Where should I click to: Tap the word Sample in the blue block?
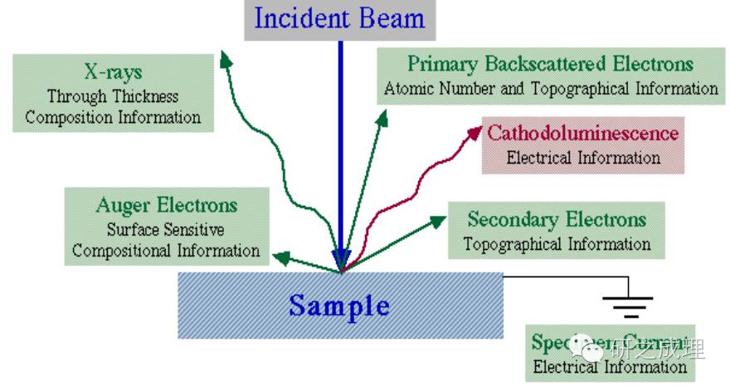tap(339, 305)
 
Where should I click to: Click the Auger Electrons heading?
tap(166, 205)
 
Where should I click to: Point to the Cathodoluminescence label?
tap(582, 134)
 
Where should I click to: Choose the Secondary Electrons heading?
tap(556, 220)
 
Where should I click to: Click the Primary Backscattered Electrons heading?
tap(549, 64)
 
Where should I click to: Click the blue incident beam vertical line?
tap(340, 149)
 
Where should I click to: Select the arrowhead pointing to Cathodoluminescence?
tap(475, 131)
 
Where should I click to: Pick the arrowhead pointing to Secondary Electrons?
tap(437, 221)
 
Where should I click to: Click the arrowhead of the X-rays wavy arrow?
tap(224, 57)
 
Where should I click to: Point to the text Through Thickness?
tap(112, 96)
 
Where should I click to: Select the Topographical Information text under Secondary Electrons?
tap(556, 244)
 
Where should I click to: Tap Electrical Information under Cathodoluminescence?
tap(583, 157)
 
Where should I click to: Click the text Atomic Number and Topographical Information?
tap(550, 88)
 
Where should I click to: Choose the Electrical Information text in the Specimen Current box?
tap(610, 366)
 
